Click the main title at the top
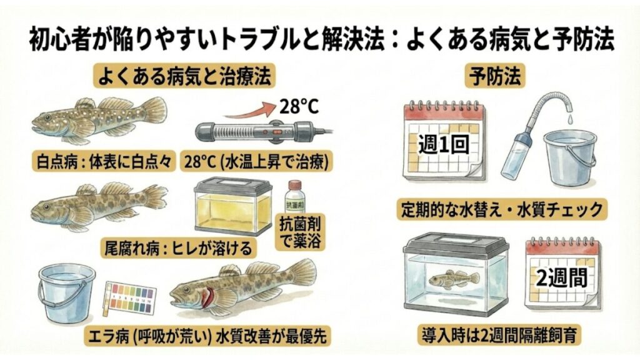point(320,39)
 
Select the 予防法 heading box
point(497,77)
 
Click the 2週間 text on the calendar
point(561,276)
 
